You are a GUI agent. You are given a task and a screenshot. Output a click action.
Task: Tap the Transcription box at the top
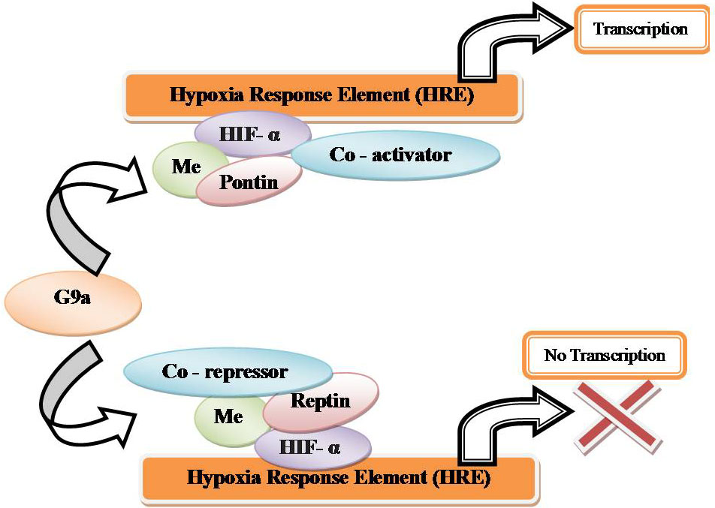pos(640,30)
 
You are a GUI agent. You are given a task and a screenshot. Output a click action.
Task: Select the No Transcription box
pos(604,355)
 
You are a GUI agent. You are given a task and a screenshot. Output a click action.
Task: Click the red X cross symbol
pos(617,413)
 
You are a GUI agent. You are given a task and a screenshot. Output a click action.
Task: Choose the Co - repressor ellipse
pos(225,371)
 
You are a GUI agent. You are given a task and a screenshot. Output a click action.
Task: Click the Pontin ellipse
pos(248,181)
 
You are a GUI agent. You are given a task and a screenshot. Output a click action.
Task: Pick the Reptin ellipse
pos(321,401)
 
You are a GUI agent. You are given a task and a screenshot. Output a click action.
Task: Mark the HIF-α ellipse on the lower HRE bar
pos(312,448)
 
